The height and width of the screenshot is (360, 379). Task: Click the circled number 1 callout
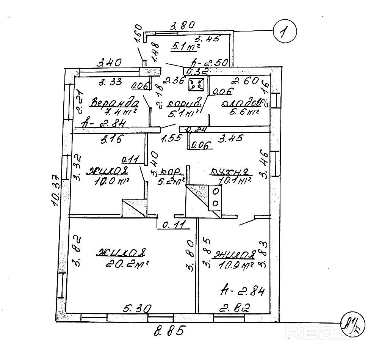pyautogui.click(x=285, y=31)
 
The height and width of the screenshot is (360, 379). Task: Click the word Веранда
pyautogui.click(x=114, y=103)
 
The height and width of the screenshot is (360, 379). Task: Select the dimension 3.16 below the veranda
pyautogui.click(x=111, y=139)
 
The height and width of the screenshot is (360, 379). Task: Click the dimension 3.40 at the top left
pyautogui.click(x=109, y=62)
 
